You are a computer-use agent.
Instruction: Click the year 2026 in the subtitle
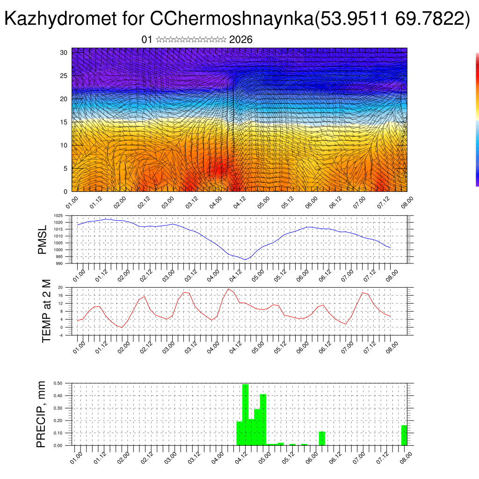[x=241, y=40]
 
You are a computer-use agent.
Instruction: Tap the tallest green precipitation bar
[x=245, y=414]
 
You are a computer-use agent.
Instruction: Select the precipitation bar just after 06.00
[x=322, y=438]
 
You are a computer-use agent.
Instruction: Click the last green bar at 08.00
[x=404, y=435]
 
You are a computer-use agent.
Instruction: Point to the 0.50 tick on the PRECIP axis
[x=58, y=383]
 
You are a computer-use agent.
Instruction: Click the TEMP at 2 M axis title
[x=46, y=311]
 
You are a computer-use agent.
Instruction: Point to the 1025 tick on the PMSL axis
[x=58, y=216]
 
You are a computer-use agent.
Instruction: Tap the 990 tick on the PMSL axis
[x=59, y=263]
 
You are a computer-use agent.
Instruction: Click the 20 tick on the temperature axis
[x=60, y=287]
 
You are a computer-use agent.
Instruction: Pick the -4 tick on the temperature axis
[x=60, y=335]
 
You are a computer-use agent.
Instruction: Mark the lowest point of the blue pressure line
[x=245, y=260]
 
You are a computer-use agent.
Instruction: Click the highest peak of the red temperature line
[x=228, y=289]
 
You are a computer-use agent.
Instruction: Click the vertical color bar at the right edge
[x=477, y=119]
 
